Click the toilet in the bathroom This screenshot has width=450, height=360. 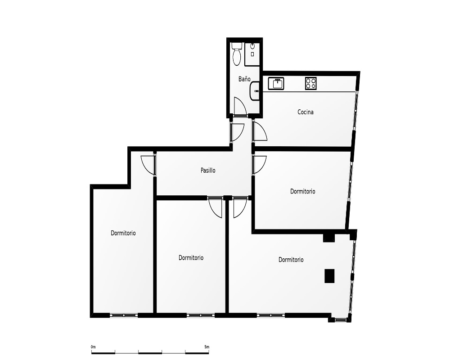(x=237, y=54)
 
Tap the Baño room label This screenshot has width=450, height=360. (x=244, y=79)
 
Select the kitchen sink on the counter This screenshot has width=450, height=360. (x=276, y=84)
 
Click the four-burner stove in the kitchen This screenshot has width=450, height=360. (x=311, y=84)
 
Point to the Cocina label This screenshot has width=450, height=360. (x=306, y=112)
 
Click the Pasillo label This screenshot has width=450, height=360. (x=208, y=170)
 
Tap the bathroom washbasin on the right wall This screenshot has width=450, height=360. (x=255, y=91)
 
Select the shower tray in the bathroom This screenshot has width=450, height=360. (x=252, y=54)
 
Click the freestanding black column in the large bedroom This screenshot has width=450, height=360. (x=329, y=276)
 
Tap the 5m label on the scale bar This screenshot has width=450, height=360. (x=207, y=347)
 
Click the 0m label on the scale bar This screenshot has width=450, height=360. (x=93, y=347)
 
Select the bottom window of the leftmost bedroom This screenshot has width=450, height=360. (x=124, y=315)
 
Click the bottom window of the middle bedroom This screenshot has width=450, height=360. (x=201, y=315)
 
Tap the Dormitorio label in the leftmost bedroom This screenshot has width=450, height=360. (x=123, y=233)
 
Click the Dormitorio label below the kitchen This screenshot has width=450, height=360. (x=302, y=191)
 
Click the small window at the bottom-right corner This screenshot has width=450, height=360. (x=341, y=319)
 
